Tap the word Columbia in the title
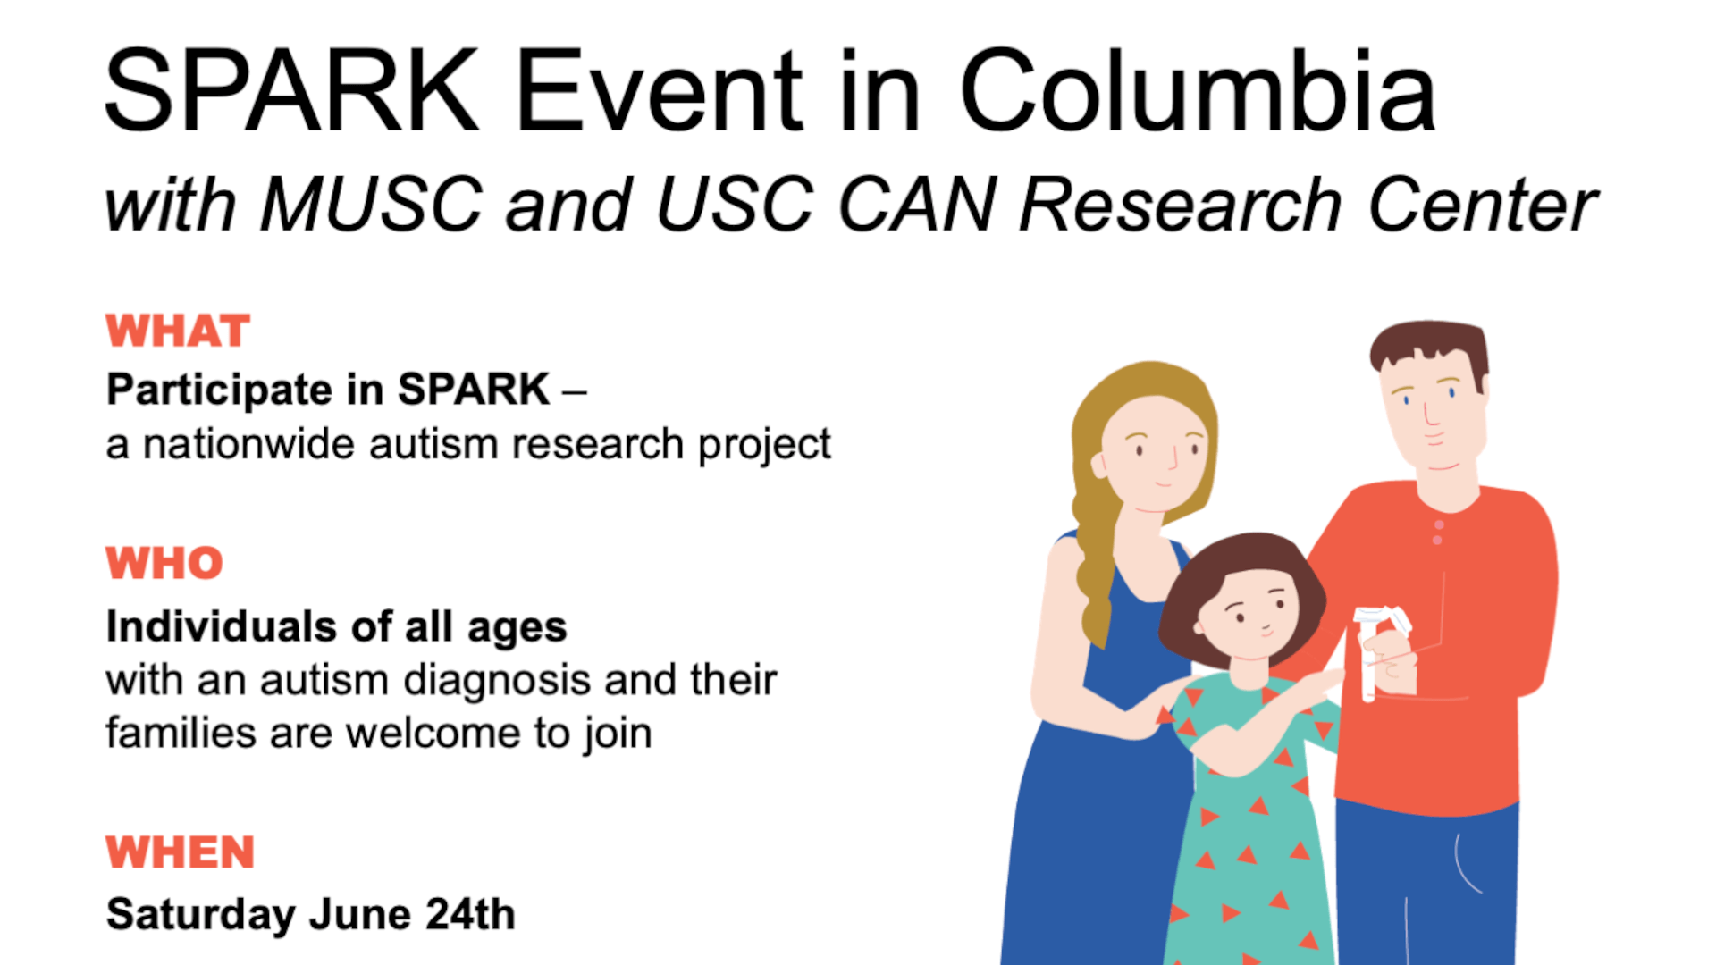pyautogui.click(x=1198, y=89)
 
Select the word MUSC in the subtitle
pyautogui.click(x=371, y=205)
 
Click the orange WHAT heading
pyautogui.click(x=178, y=331)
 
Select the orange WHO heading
pyautogui.click(x=164, y=563)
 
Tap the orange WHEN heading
pyautogui.click(x=181, y=852)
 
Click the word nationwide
pyautogui.click(x=248, y=444)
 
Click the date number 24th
pyautogui.click(x=470, y=914)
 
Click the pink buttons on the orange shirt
pyautogui.click(x=1438, y=533)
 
